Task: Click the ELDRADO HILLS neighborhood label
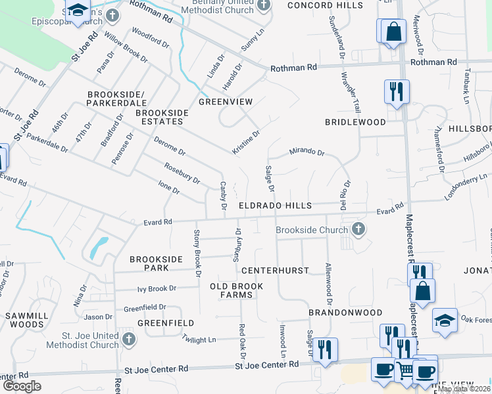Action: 275,206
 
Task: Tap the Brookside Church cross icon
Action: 358,229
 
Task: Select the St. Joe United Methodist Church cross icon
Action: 128,339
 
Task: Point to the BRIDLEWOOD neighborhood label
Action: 355,123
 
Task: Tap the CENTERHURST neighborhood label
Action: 266,271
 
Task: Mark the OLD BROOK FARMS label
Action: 237,291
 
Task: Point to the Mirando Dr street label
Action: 308,152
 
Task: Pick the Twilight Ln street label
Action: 199,339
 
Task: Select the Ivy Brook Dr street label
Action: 157,288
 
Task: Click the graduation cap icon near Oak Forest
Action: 445,321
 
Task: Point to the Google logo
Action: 22,386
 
